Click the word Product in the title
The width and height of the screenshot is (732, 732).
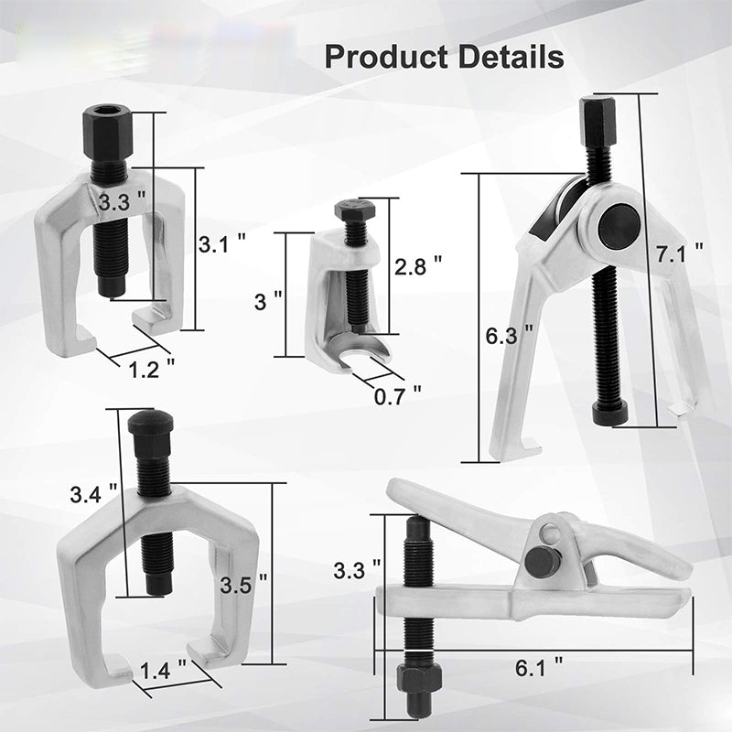[385, 57]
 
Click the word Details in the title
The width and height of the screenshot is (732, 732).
[511, 56]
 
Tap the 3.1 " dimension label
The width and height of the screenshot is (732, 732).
[221, 243]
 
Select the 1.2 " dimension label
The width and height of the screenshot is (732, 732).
[151, 370]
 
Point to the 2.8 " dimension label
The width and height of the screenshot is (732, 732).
[418, 266]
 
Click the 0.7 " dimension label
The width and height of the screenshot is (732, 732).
[398, 396]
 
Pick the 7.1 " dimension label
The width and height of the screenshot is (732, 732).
[679, 253]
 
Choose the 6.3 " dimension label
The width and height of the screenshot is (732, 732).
[509, 335]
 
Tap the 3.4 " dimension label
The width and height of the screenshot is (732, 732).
[93, 494]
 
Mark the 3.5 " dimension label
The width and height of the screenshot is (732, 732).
[243, 585]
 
